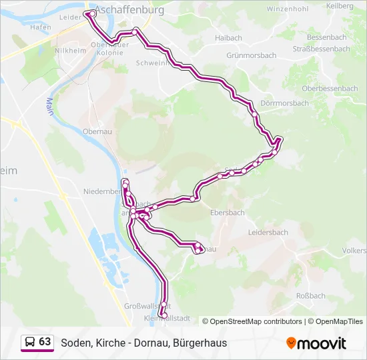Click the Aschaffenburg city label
[x=129, y=11]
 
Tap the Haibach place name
[x=228, y=38]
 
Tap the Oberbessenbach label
[x=330, y=88]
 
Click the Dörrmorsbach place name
[x=284, y=103]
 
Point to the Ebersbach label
[x=227, y=213]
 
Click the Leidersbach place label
[x=268, y=232]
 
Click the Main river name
[x=49, y=107]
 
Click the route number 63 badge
[x=45, y=342]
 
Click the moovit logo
[x=316, y=343]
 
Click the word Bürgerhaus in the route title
[x=200, y=343]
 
